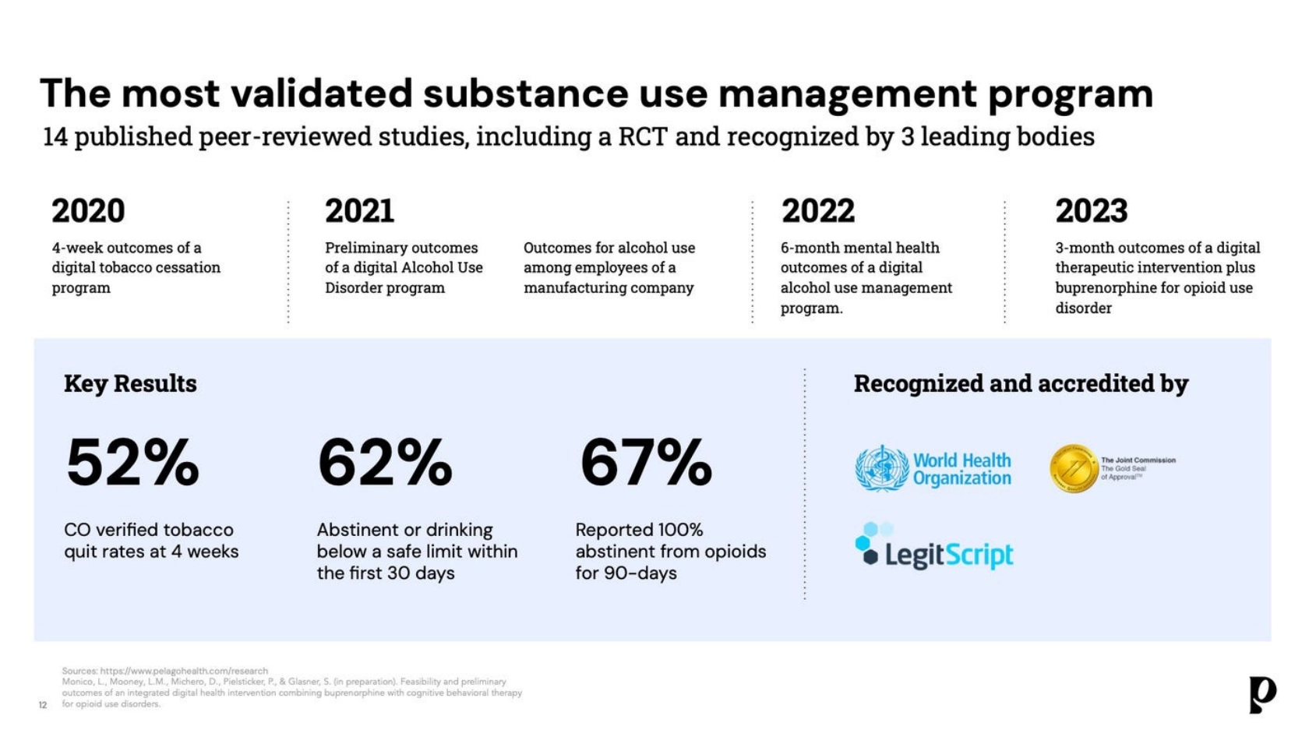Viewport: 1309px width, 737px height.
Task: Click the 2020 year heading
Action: (x=88, y=211)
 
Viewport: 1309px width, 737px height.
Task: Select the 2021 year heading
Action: (x=359, y=211)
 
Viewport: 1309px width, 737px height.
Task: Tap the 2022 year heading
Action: (x=817, y=211)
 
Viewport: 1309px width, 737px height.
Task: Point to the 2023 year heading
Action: (x=1091, y=211)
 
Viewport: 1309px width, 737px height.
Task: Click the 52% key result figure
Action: (x=132, y=464)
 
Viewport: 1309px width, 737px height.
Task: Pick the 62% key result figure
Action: (x=385, y=464)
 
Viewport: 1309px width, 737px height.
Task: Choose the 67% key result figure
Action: (x=646, y=464)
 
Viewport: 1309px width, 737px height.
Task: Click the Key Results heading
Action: (x=130, y=383)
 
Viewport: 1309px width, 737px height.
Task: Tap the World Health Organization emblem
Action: (x=881, y=468)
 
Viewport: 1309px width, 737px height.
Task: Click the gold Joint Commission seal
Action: (x=1074, y=469)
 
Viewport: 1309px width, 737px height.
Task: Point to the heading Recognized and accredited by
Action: (x=1021, y=383)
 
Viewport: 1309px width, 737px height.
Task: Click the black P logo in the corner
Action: (x=1261, y=693)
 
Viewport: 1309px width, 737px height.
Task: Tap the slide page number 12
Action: (x=43, y=705)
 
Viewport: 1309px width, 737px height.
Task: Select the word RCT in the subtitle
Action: (x=643, y=137)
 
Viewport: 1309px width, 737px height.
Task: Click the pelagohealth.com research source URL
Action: (x=184, y=671)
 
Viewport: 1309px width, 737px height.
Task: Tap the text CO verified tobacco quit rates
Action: (x=150, y=541)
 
